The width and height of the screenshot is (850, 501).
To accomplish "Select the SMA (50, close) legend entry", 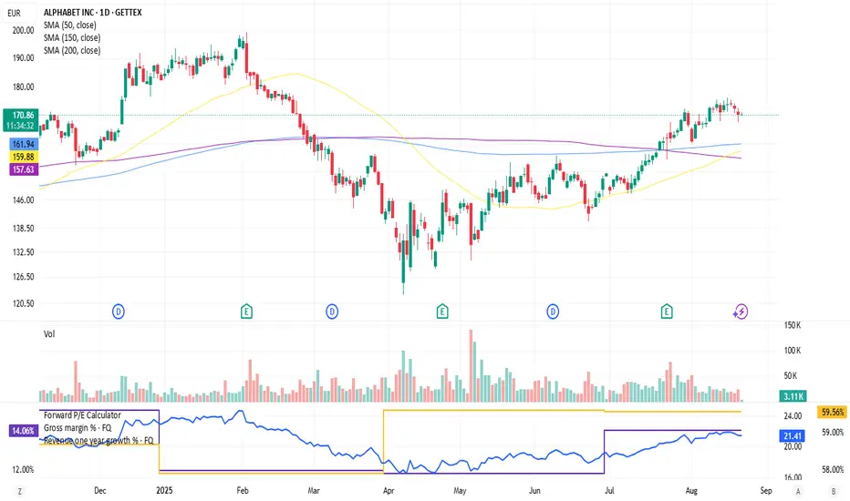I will pyautogui.click(x=72, y=26).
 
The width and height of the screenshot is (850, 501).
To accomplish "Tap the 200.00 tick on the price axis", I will pyautogui.click(x=24, y=30).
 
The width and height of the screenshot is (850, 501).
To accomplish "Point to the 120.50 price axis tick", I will pyautogui.click(x=24, y=303).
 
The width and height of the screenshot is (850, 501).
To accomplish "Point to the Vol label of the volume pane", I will pyautogui.click(x=49, y=334).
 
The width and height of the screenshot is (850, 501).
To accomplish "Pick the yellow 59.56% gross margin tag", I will pyautogui.click(x=831, y=412).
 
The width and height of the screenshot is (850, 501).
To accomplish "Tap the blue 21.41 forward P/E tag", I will pyautogui.click(x=791, y=436).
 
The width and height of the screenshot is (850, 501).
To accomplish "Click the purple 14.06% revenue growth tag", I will pyautogui.click(x=21, y=430).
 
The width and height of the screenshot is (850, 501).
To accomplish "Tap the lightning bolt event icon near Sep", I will pyautogui.click(x=741, y=312).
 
